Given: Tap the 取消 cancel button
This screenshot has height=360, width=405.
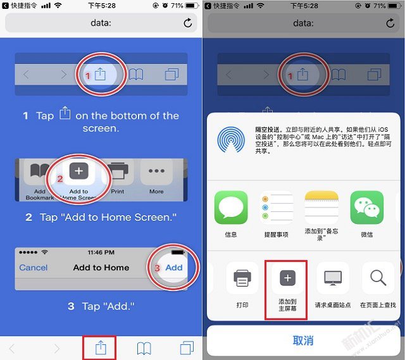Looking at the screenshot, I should [303, 340].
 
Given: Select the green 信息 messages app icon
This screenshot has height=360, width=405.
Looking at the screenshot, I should [231, 208].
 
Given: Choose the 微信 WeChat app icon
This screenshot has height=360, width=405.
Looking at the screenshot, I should [368, 208].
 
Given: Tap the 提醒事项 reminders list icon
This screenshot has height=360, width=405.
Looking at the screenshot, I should [277, 208].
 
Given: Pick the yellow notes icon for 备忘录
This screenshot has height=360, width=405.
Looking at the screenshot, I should [322, 207].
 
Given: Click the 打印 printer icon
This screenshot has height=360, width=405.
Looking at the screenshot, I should [242, 278].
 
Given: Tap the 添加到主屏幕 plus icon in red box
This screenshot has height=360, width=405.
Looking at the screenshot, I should [287, 278].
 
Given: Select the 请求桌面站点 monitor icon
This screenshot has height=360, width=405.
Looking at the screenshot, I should [333, 278].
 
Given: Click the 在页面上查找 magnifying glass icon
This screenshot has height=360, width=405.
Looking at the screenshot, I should [378, 278].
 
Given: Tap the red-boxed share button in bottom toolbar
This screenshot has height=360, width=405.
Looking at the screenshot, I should [101, 348].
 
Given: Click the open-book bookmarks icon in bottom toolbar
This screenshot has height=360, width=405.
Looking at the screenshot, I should [144, 348].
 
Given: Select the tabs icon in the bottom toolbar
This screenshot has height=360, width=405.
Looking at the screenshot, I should [187, 348].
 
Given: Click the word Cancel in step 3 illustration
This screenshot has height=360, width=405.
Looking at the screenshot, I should [34, 268].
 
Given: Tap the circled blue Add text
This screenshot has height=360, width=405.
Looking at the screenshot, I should [174, 268].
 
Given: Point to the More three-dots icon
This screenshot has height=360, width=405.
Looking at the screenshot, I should [156, 171].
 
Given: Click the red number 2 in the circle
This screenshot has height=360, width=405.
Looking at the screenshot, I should [60, 179].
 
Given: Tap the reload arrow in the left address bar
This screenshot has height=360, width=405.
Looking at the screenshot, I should [187, 23].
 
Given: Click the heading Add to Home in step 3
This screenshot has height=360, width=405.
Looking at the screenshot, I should [101, 268].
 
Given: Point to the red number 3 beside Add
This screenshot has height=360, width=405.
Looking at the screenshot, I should [158, 268].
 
